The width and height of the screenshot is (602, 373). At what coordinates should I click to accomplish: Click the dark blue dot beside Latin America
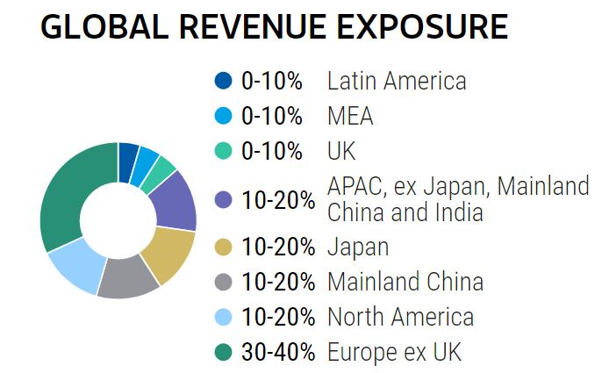pyautogui.click(x=224, y=82)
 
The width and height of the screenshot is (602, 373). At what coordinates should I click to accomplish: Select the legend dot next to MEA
pyautogui.click(x=224, y=116)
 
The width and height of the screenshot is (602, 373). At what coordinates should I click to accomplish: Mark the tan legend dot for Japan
pyautogui.click(x=224, y=247)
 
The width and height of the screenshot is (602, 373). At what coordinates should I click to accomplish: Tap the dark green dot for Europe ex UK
pyautogui.click(x=224, y=353)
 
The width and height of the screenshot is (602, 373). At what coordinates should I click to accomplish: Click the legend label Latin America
pyautogui.click(x=396, y=82)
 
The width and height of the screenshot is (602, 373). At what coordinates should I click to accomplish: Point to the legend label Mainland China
pyautogui.click(x=405, y=282)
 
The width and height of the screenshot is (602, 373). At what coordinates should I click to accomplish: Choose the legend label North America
pyautogui.click(x=400, y=317)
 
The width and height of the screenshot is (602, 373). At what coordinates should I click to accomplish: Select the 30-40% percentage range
pyautogui.click(x=277, y=353)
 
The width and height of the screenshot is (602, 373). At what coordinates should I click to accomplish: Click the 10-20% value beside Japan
pyautogui.click(x=277, y=247)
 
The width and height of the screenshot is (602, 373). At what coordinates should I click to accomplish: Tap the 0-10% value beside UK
pyautogui.click(x=271, y=150)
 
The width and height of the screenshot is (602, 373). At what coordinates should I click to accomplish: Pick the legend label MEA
pyautogui.click(x=350, y=116)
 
